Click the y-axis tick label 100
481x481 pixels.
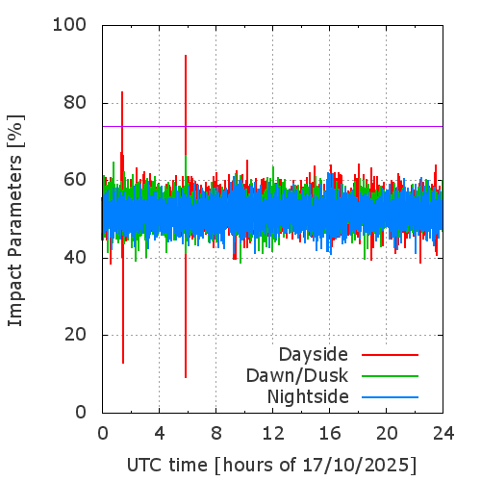[69, 24]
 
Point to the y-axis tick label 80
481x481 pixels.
[75, 103]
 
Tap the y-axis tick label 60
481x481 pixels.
[75, 180]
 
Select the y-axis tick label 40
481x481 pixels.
[75, 258]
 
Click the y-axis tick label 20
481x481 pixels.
[75, 335]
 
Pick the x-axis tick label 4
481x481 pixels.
[160, 434]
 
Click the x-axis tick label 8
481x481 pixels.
[216, 434]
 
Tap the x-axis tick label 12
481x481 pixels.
[273, 434]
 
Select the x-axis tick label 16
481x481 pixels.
[330, 434]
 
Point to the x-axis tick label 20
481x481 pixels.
[387, 434]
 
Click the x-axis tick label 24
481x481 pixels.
[443, 434]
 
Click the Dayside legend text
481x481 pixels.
[314, 355]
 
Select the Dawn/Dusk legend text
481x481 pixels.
[297, 376]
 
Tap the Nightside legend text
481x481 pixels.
[308, 397]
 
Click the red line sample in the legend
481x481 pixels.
[390, 355]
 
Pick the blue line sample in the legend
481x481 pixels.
[390, 397]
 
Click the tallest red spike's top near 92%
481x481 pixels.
[186, 56]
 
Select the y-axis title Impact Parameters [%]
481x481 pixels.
[15, 220]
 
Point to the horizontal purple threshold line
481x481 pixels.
[272, 126]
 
